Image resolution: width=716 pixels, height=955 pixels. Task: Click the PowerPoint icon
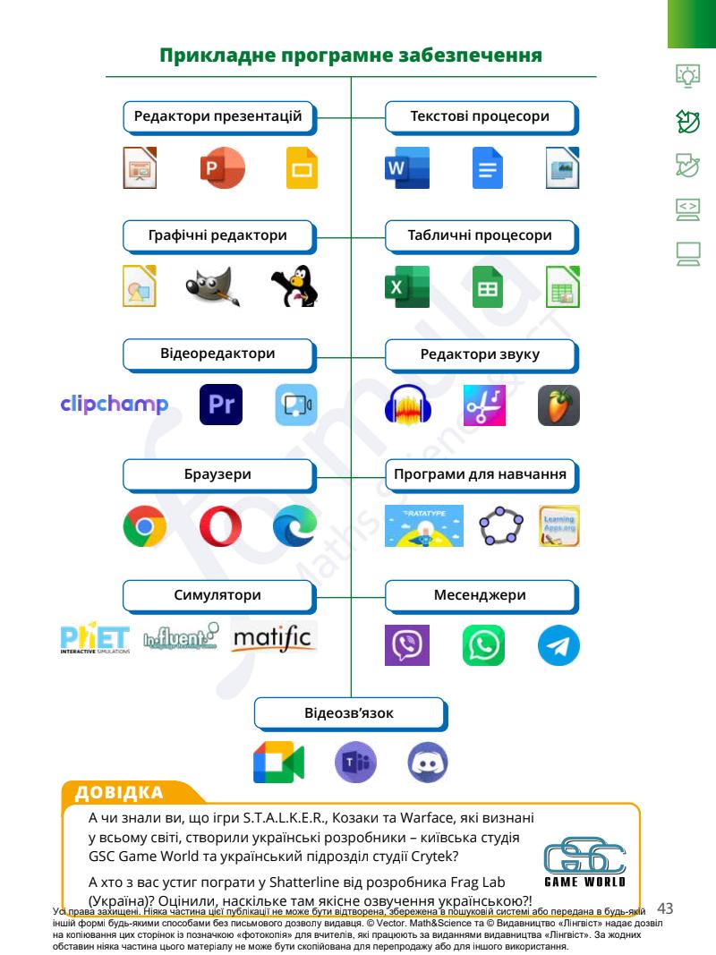[x=220, y=168]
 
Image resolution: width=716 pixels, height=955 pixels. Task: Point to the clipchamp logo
[x=114, y=405]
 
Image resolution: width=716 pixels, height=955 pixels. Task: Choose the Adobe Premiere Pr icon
[x=220, y=405]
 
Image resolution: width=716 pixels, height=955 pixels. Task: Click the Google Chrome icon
[x=145, y=526]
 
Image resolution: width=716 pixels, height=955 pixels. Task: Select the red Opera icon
[x=220, y=526]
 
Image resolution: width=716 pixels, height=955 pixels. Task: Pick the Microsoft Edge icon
[x=294, y=526]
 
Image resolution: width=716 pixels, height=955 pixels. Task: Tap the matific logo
[x=273, y=639]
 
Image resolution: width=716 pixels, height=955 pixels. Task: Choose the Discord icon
[x=428, y=763]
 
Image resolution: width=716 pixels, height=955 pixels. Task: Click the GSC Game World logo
[x=584, y=860]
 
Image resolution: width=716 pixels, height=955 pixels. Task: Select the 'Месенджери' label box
[x=482, y=595]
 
